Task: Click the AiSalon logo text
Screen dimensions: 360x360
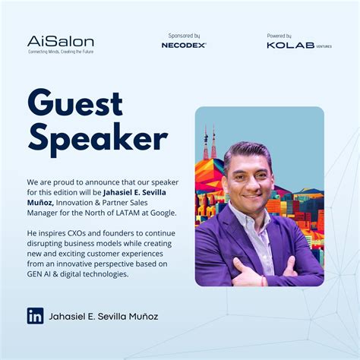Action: (x=50, y=41)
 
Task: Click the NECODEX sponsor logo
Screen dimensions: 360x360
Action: (x=184, y=46)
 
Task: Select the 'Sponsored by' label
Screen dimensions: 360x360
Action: (x=184, y=36)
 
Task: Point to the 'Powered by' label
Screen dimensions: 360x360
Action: (x=279, y=36)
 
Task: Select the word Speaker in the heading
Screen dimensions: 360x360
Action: (x=97, y=139)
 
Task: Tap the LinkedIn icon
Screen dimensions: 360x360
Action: (x=35, y=316)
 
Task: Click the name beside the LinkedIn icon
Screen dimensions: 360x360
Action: (x=103, y=316)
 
